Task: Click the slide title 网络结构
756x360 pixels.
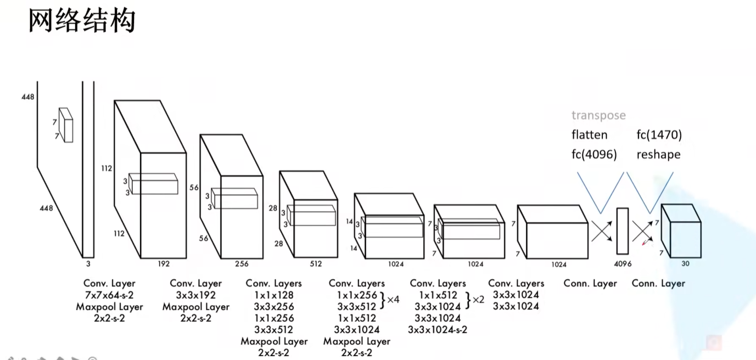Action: pyautogui.click(x=82, y=22)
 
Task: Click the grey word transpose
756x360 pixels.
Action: pyautogui.click(x=598, y=115)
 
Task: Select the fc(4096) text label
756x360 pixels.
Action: pyautogui.click(x=594, y=154)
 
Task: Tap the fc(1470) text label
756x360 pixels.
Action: pyautogui.click(x=659, y=134)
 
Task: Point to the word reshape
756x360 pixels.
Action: pyautogui.click(x=658, y=154)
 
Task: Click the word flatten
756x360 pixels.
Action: pyautogui.click(x=589, y=134)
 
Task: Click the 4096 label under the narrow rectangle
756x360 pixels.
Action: pyautogui.click(x=623, y=264)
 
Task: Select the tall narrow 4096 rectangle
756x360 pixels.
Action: pyautogui.click(x=622, y=231)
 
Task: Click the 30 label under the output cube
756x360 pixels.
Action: pyautogui.click(x=685, y=263)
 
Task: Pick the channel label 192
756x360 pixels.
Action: pyautogui.click(x=164, y=264)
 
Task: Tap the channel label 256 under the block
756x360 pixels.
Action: pyautogui.click(x=242, y=264)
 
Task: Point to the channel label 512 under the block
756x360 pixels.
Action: pyautogui.click(x=316, y=264)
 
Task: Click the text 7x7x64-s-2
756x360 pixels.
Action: pyautogui.click(x=109, y=295)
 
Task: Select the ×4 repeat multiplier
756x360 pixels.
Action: pyautogui.click(x=393, y=300)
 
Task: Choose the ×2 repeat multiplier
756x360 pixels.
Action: pyautogui.click(x=478, y=300)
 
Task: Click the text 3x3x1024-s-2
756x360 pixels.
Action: pyautogui.click(x=438, y=329)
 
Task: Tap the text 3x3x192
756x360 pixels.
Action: pyautogui.click(x=195, y=295)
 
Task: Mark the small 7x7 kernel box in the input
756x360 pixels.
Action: pyautogui.click(x=66, y=125)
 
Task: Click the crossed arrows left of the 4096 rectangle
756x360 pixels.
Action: pyautogui.click(x=602, y=231)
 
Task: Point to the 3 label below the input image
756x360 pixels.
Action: pyautogui.click(x=88, y=264)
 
